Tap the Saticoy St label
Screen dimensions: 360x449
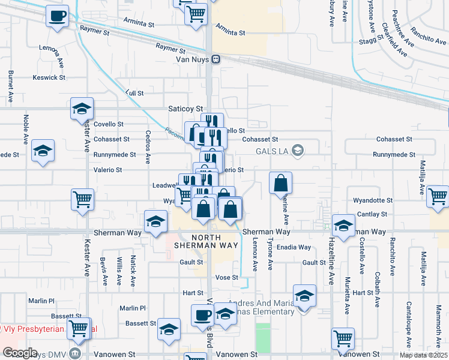(185, 109)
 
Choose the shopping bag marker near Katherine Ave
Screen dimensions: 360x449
(281, 183)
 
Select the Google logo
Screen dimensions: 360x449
(20, 353)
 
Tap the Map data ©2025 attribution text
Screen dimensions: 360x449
(424, 355)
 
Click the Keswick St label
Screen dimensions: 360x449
(49, 77)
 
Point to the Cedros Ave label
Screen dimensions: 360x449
(148, 148)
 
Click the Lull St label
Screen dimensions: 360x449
(135, 93)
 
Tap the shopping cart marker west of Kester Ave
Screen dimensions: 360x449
(82, 199)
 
